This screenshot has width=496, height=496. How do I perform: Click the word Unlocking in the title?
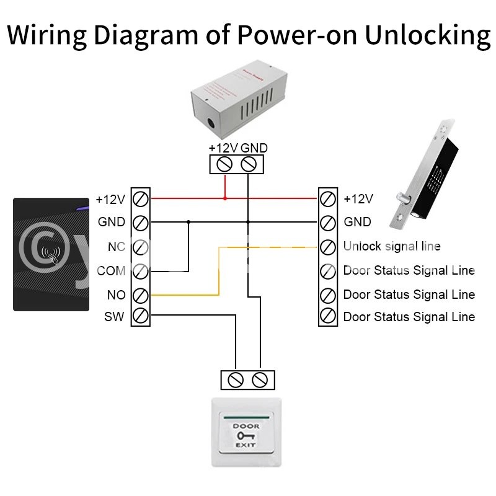pos(427,35)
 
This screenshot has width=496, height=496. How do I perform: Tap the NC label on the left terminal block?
pos(116,247)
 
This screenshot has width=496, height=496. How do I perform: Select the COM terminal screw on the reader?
pos(141,270)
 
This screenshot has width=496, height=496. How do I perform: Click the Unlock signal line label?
pos(392,246)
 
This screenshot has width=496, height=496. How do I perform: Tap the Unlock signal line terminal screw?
pos(327,246)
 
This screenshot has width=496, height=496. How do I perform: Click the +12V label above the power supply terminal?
pos(223,148)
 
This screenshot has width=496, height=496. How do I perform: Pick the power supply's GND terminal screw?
pos(249,164)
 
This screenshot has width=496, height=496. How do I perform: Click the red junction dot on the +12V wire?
pos(225,198)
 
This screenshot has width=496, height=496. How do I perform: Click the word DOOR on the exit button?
pos(247,427)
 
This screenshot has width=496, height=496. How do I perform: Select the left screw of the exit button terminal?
pos(236,379)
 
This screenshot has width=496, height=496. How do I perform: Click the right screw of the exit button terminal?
pos(260,379)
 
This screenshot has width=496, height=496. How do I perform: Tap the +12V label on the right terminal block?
pos(358,199)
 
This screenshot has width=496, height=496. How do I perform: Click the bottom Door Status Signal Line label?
pos(409,317)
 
